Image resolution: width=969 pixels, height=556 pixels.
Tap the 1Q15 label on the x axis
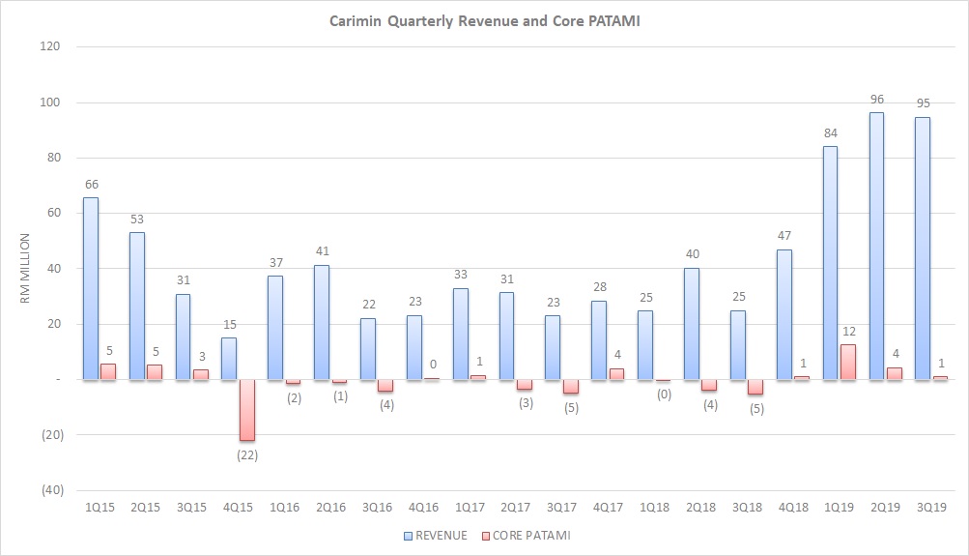[x=99, y=507]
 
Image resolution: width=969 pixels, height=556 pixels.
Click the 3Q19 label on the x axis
[x=930, y=507]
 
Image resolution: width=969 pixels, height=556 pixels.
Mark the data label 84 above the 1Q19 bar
[x=830, y=133]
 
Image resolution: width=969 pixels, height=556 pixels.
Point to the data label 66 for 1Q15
[x=91, y=185]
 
